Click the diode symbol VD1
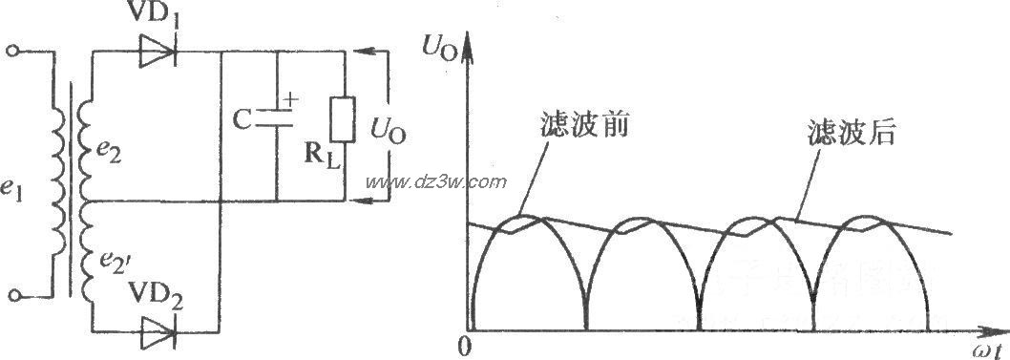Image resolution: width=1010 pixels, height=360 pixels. coord(157,54)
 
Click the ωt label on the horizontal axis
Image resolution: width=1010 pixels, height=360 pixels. coord(988,348)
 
